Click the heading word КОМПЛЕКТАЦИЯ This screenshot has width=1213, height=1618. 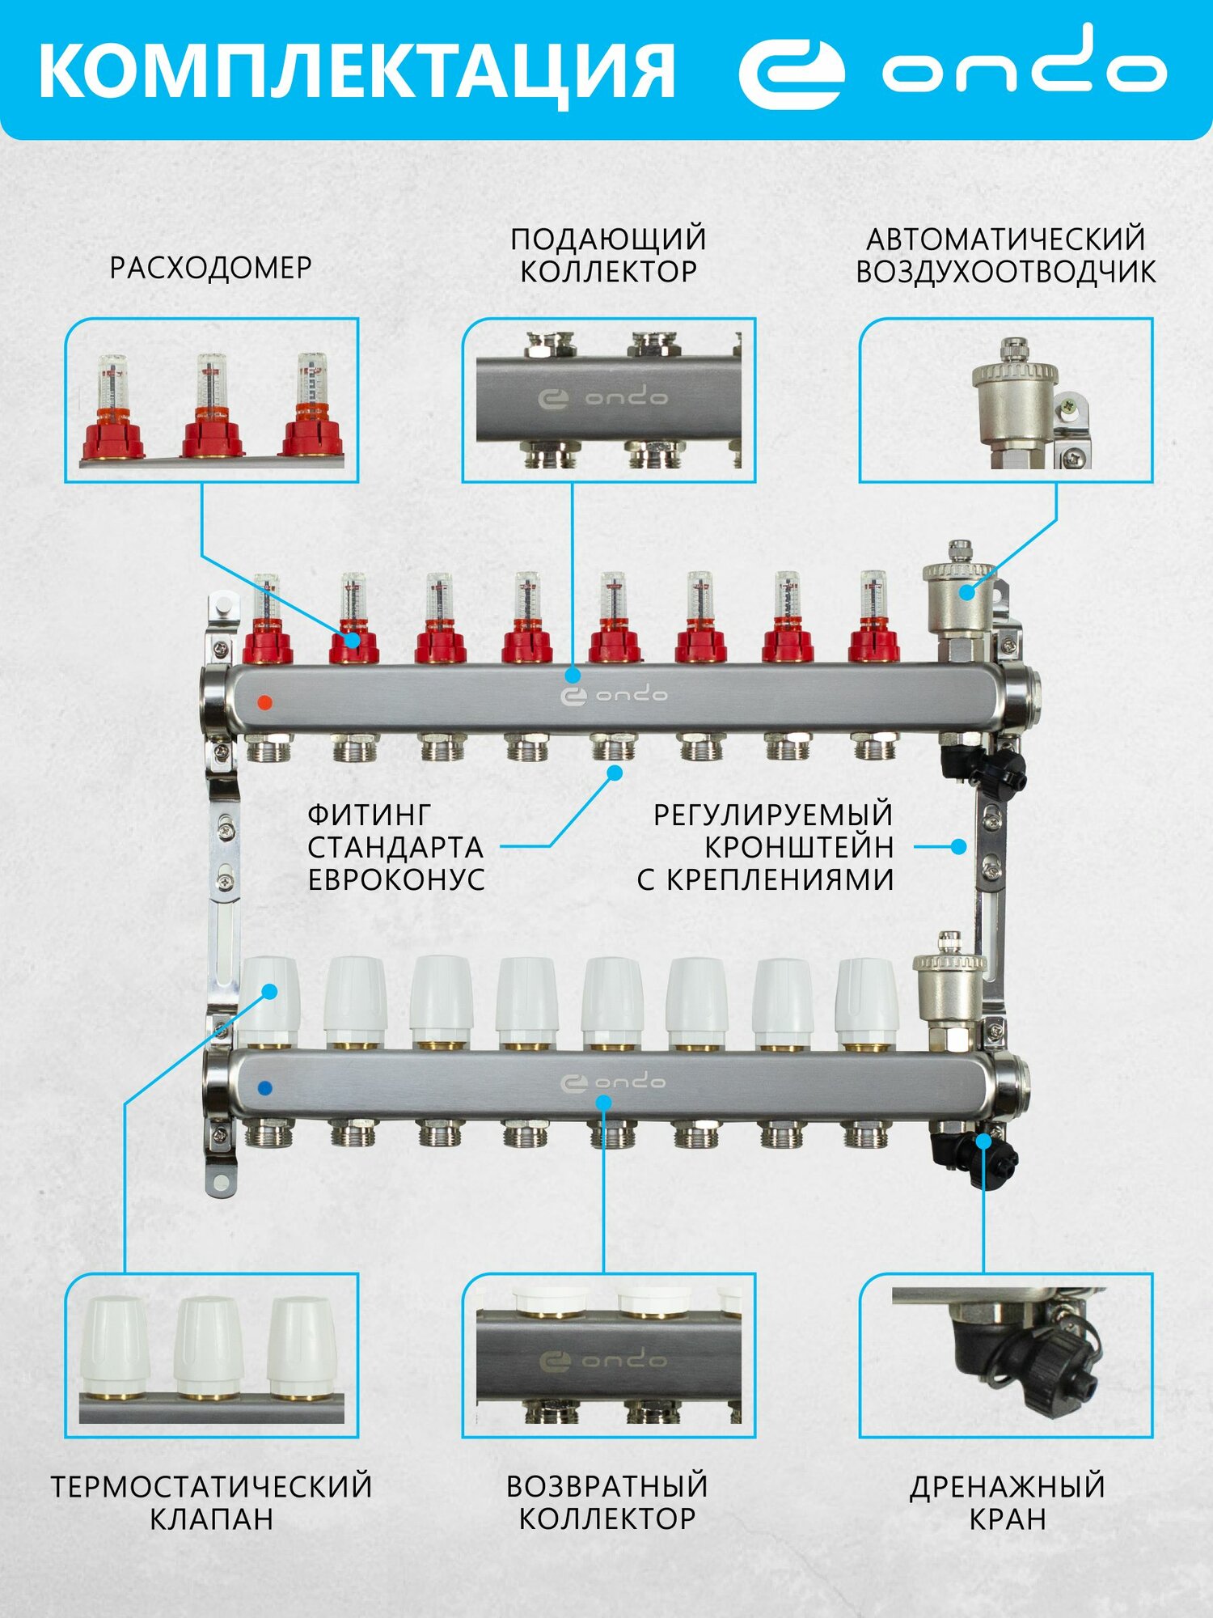[x=356, y=71]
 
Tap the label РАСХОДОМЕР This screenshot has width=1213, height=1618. [x=210, y=268]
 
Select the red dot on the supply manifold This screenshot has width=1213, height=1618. [x=264, y=701]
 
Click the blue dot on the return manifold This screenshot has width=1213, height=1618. [x=264, y=1088]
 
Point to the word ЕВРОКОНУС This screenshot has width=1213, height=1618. [x=396, y=879]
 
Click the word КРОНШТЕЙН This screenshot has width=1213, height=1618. [x=799, y=847]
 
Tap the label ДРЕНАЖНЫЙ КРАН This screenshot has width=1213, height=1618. [x=1007, y=1502]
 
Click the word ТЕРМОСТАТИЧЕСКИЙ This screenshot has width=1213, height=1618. [x=212, y=1487]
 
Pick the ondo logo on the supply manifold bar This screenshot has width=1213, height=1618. [x=614, y=695]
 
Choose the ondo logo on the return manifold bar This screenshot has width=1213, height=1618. [x=614, y=1082]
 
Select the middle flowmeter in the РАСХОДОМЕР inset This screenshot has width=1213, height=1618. [x=212, y=409]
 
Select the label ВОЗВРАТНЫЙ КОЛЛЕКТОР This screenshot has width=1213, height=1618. [x=607, y=1502]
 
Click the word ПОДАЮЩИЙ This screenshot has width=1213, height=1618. [x=608, y=239]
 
